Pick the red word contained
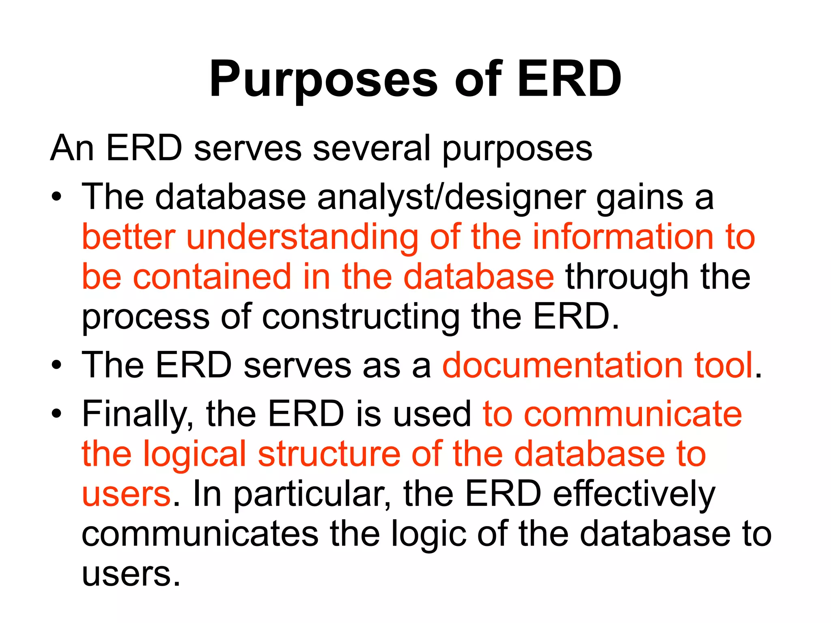pos(212,277)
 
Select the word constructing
pos(361,317)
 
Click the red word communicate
pos(633,415)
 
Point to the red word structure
pos(329,454)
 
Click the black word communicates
pos(200,535)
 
